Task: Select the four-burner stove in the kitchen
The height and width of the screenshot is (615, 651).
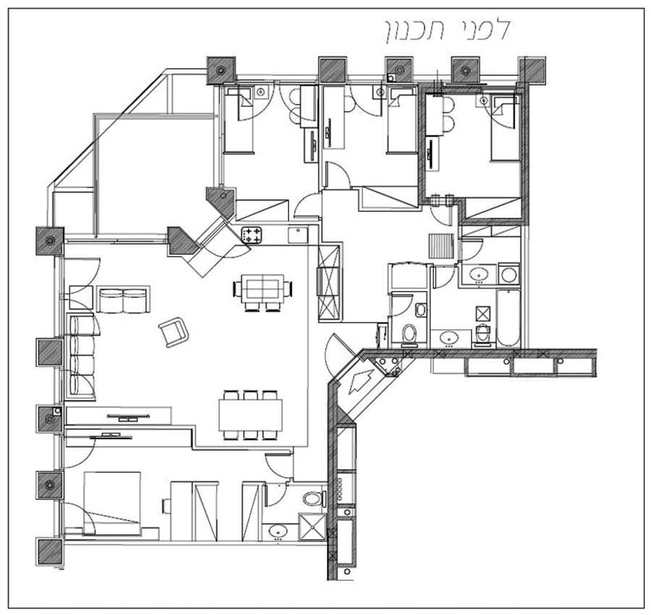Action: click(252, 234)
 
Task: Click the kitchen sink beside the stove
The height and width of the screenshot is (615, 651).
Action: click(297, 234)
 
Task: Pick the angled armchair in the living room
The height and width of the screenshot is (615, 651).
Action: click(174, 332)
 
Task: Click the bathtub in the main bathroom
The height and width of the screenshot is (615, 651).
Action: click(509, 318)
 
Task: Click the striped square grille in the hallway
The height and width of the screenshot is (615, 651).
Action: click(441, 247)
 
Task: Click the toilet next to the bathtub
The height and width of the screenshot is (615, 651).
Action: click(483, 334)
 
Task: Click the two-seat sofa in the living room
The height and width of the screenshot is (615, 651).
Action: click(122, 300)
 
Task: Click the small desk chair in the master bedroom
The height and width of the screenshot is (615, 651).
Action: click(166, 504)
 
